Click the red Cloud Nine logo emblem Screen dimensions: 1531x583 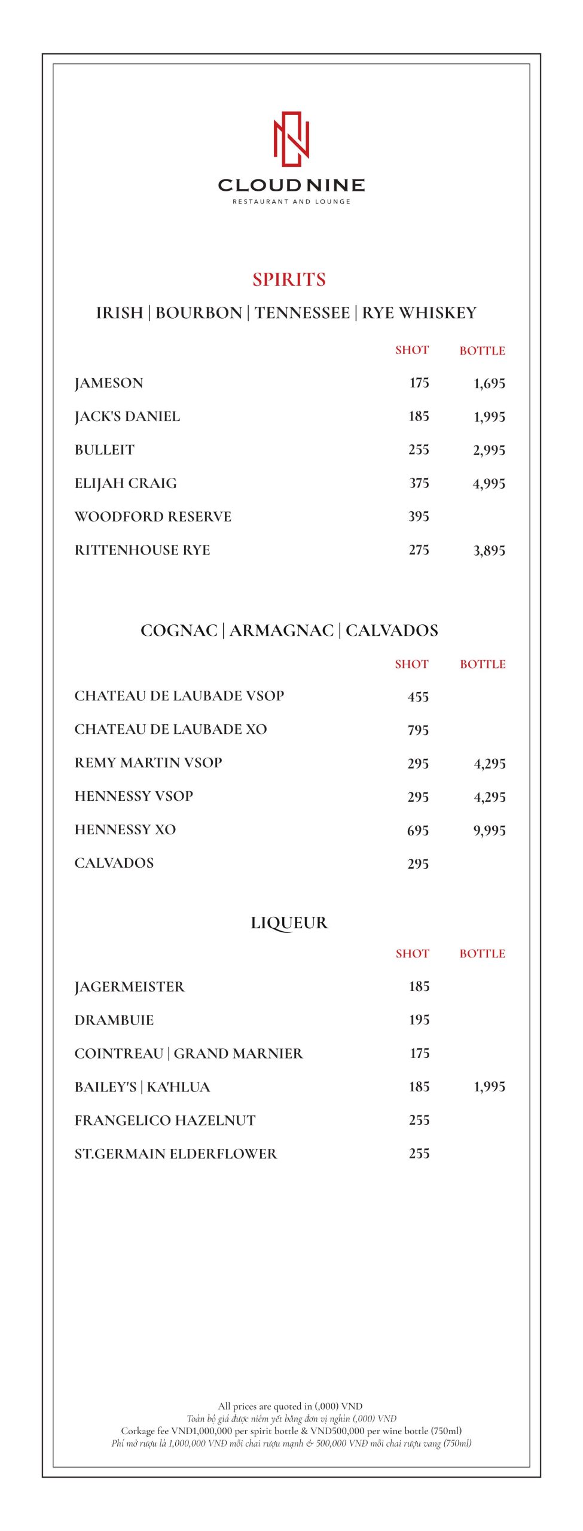point(291,139)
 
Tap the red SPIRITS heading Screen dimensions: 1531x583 point(289,279)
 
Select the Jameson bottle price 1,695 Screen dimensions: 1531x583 point(489,383)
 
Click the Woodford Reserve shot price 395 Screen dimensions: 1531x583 point(419,516)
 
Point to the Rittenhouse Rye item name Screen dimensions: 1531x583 point(142,550)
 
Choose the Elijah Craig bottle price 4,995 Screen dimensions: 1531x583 point(489,483)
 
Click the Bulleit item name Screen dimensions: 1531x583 point(105,450)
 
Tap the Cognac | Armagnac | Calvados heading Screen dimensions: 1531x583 point(289,630)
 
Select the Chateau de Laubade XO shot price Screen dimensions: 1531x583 point(418,730)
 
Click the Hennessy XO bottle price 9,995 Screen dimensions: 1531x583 point(489,830)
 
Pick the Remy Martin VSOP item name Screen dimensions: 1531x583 point(148,763)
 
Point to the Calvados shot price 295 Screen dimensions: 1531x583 point(418,864)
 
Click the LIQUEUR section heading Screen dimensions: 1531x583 point(289,923)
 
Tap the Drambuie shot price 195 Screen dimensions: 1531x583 point(419,1020)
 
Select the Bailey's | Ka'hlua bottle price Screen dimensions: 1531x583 point(489,1087)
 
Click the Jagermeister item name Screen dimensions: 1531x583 point(130,987)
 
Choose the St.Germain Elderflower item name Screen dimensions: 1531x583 point(176,1154)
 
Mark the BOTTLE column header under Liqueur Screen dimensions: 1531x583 point(482,953)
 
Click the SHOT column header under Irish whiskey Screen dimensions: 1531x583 point(411,350)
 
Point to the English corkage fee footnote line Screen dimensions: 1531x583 point(291,1431)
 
